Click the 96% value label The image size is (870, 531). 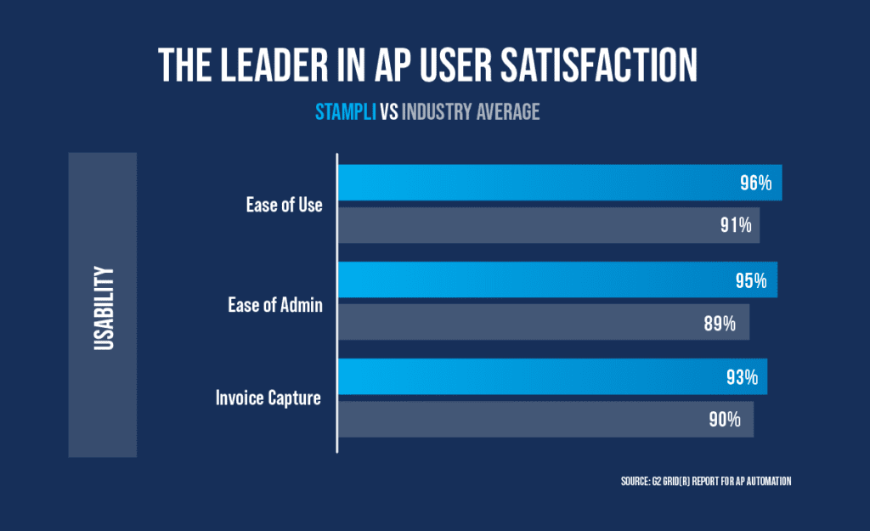pos(754,183)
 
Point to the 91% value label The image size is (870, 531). pos(733,225)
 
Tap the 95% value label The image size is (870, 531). pos(750,280)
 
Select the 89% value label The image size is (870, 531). pos(722,323)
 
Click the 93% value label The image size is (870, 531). pos(741,376)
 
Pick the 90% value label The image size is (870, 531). pos(726,419)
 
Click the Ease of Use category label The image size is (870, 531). pos(284,205)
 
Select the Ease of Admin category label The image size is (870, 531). pos(275,304)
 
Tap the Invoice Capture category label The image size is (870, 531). pos(267,397)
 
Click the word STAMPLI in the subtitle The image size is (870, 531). pos(346,111)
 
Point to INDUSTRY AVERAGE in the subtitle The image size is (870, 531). pos(471,111)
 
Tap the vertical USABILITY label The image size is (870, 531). pos(104,305)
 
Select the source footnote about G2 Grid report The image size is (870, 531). pos(706,482)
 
